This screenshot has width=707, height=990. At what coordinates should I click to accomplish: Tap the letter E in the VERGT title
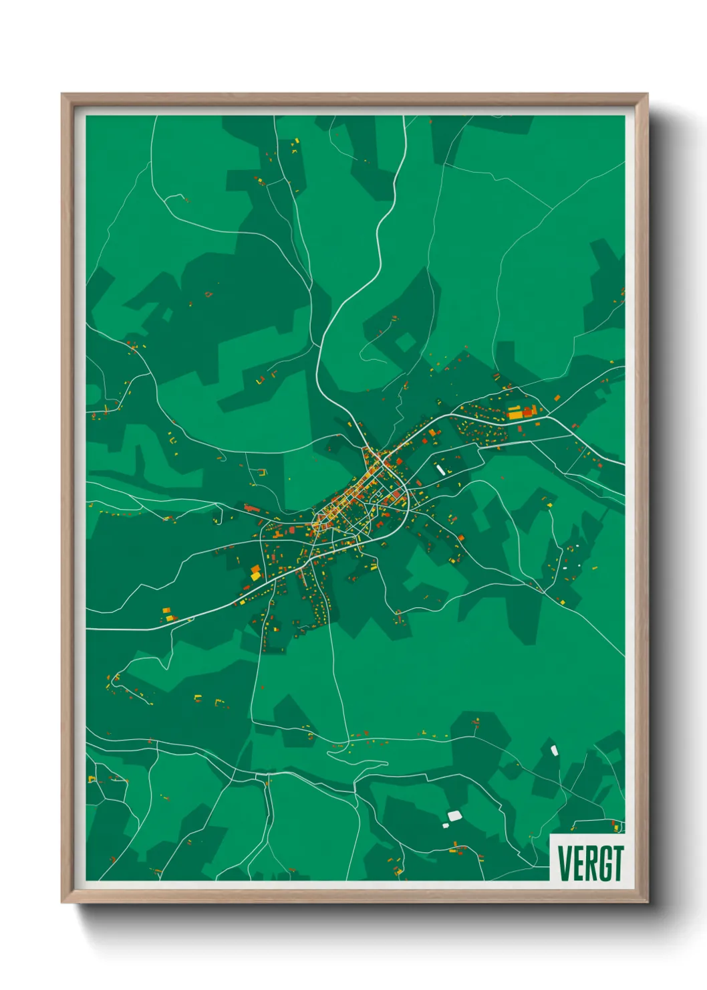[x=578, y=864]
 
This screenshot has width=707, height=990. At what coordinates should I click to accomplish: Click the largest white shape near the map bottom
[x=454, y=815]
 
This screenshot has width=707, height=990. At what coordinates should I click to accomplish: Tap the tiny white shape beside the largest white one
[x=445, y=825]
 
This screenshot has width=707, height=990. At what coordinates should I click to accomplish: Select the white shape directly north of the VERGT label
[x=553, y=750]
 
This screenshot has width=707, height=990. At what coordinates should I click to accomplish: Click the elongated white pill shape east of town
[x=440, y=470]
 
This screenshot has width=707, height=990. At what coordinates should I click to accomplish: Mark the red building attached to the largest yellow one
[x=528, y=412]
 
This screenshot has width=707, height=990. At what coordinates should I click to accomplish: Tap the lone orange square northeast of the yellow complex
[x=556, y=399]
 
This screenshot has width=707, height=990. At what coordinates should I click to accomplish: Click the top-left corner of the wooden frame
[x=63, y=95]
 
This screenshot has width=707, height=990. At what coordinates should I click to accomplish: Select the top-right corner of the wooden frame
[x=646, y=95]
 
